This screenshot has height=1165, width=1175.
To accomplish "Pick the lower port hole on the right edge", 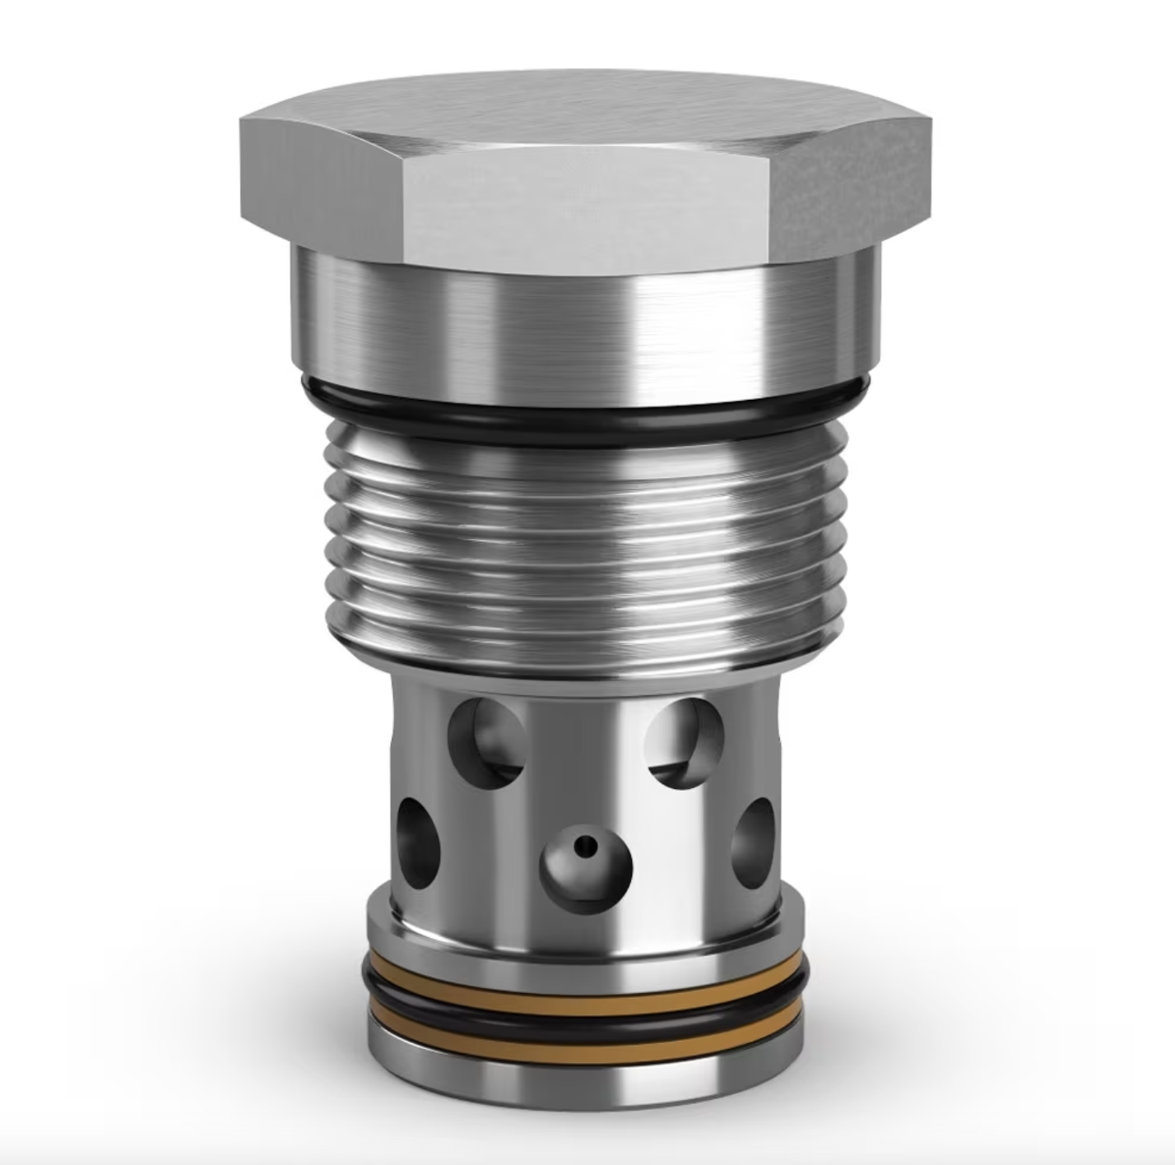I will click(x=753, y=843).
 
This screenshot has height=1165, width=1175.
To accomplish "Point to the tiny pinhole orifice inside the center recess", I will click(x=586, y=845).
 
